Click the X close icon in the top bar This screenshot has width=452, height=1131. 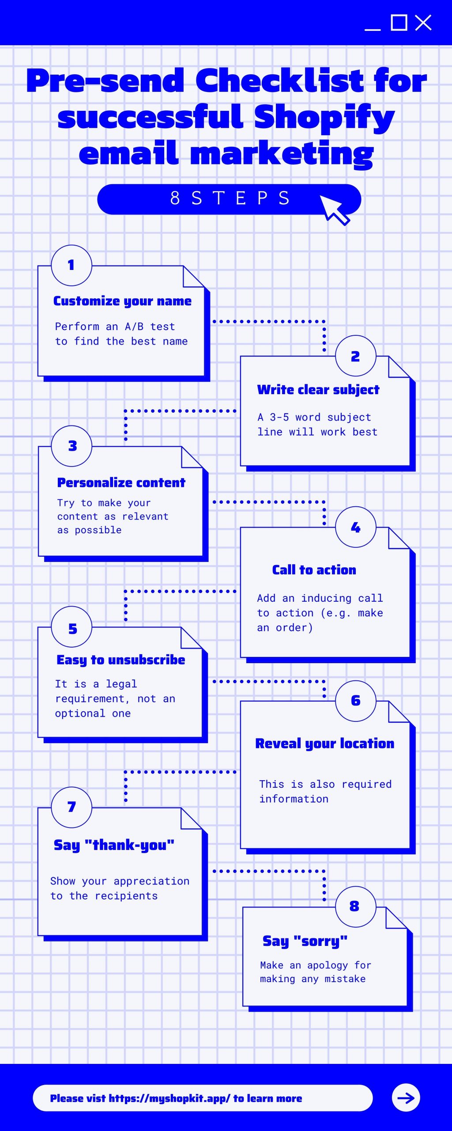423,23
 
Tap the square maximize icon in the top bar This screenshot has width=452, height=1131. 399,23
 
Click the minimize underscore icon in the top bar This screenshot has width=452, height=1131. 373,30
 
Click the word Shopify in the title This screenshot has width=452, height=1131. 324,118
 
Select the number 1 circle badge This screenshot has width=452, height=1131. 72,265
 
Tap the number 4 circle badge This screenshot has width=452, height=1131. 356,527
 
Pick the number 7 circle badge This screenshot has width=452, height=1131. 72,807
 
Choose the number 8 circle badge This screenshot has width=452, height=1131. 356,906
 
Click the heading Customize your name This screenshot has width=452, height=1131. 122,301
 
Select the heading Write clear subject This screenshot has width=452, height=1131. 318,390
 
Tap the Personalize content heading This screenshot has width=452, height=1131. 121,482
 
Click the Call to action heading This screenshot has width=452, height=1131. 314,570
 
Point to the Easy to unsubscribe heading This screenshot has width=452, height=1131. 121,660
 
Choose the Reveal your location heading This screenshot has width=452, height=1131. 325,744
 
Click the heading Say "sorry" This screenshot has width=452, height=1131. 305,941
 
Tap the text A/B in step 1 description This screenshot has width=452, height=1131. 134,326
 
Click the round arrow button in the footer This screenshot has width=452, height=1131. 406,1098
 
